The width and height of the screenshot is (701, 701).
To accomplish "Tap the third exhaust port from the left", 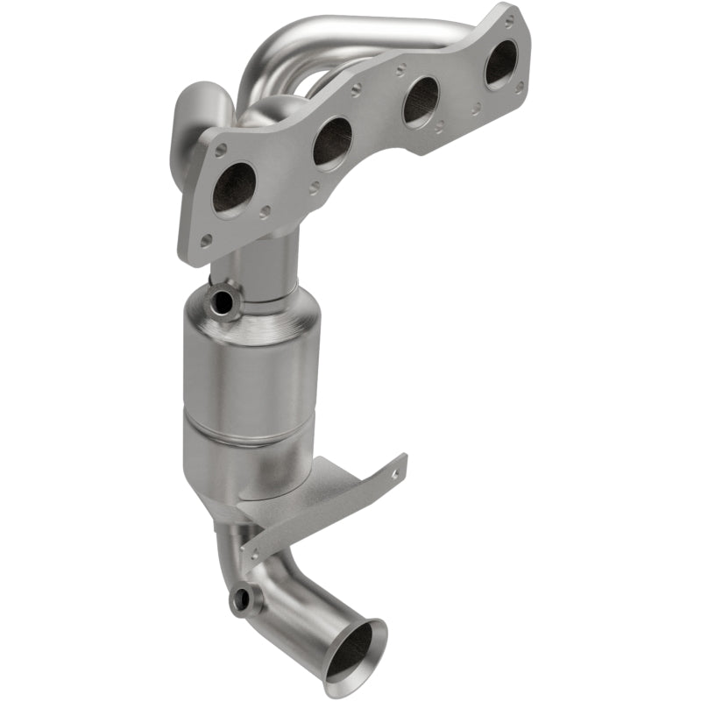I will pos(421,101).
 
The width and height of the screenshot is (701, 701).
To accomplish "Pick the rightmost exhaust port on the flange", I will pos(501,64).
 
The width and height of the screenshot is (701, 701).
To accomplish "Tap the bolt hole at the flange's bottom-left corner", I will pos(206,239).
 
